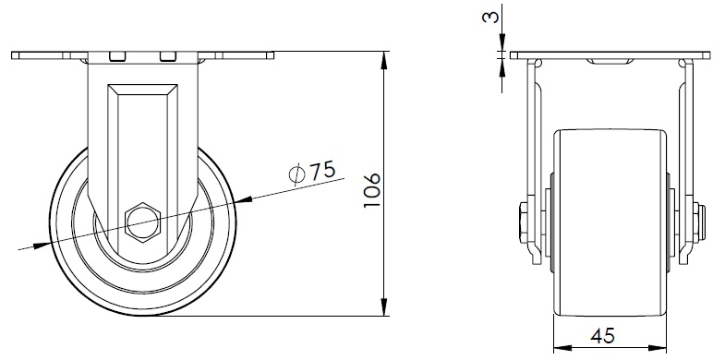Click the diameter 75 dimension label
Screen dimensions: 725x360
click(x=311, y=174)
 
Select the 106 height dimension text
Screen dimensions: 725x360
click(x=372, y=190)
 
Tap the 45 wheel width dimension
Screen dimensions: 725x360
click(x=603, y=335)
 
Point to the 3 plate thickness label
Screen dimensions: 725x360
click(x=491, y=18)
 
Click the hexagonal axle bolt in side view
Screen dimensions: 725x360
click(x=142, y=222)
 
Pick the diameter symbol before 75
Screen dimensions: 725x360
click(x=296, y=174)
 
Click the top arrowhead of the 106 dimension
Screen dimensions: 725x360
click(x=384, y=60)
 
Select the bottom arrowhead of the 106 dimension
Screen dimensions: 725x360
click(x=384, y=307)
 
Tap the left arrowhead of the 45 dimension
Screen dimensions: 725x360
click(x=562, y=347)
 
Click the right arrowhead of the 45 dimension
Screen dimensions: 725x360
click(x=657, y=347)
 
